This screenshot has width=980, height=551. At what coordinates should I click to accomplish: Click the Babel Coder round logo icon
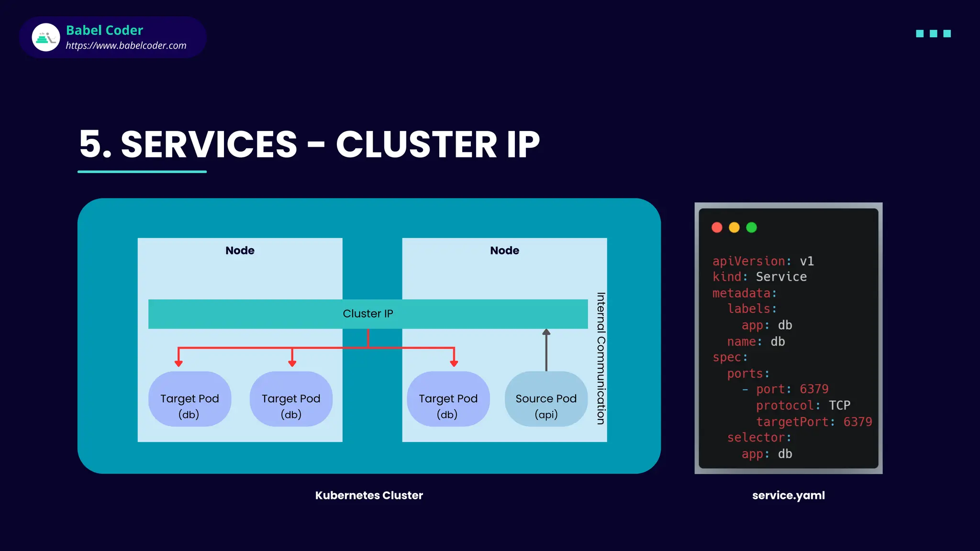point(46,37)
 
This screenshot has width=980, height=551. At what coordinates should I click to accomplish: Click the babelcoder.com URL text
point(126,45)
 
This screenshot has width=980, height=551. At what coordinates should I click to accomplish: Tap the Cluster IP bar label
point(367,314)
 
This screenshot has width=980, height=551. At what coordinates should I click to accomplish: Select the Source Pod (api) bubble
point(546,399)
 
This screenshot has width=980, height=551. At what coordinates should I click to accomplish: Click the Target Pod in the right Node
point(448,399)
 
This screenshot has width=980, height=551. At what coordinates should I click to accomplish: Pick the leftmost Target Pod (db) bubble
point(189,399)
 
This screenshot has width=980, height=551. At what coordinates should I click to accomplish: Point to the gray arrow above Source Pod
point(546,350)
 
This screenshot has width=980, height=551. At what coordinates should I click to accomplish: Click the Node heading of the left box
point(240,251)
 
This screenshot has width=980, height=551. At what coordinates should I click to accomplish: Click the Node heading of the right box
point(504,251)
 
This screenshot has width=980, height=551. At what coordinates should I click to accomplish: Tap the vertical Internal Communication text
point(601,358)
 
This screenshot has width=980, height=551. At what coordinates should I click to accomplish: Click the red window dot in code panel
point(717,228)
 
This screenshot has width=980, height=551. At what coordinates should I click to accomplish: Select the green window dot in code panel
point(751,228)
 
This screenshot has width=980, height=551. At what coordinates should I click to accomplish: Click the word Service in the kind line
point(781,277)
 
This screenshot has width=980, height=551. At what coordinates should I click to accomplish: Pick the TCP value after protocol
point(839,406)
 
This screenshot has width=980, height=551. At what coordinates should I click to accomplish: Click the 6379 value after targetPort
point(857,422)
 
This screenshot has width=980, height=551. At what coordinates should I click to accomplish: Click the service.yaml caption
point(788,496)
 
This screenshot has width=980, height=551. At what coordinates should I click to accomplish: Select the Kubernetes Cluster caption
point(369,496)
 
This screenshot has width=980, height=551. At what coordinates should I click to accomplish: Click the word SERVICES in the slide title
point(209,144)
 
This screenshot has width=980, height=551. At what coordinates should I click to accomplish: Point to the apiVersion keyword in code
point(748,261)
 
